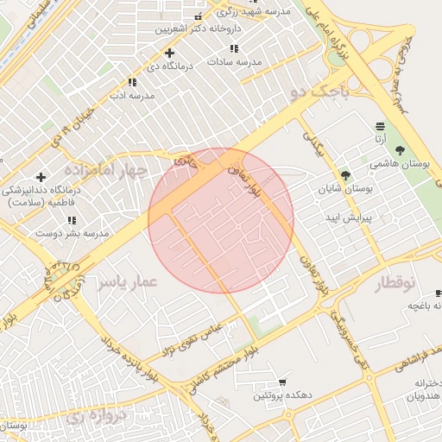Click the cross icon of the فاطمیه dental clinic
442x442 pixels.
(41, 177)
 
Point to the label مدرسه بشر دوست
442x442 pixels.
(77, 233)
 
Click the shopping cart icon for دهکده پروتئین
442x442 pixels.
(282, 382)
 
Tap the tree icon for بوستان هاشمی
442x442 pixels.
(399, 150)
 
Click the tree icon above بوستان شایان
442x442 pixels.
(345, 174)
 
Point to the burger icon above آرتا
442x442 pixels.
(381, 126)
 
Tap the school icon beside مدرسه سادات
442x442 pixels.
(233, 49)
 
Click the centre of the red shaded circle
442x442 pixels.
(221, 220)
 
